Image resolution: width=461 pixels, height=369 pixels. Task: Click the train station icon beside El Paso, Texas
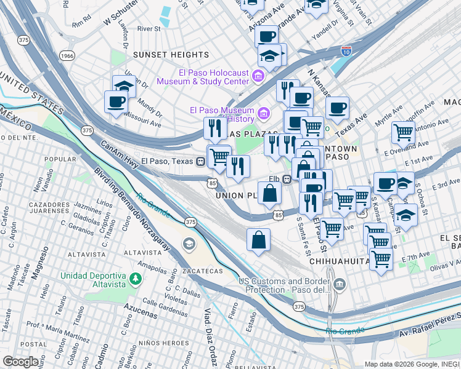tap(200, 162)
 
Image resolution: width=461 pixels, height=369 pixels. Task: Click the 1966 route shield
tap(67, 56)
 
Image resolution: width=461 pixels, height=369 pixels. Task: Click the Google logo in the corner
tap(20, 361)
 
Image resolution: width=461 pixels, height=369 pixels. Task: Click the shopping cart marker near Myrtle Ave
tap(403, 132)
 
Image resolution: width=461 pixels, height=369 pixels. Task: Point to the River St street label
tap(149, 28)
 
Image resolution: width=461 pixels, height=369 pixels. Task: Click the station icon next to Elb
tap(287, 180)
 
